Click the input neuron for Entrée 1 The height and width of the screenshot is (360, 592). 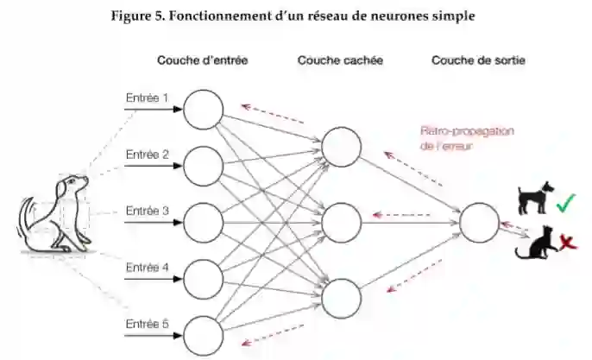coord(203,109)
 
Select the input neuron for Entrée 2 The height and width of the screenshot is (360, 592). coord(203,165)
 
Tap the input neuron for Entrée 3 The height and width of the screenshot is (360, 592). coord(203,222)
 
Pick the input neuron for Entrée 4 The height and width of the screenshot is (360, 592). coord(203,278)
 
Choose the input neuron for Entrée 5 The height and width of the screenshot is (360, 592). coord(203,335)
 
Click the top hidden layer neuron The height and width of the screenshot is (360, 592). coord(341,148)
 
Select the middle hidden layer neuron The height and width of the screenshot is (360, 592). coord(341,222)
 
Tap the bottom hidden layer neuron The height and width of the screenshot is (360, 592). coord(341,296)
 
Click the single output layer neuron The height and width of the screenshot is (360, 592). coord(479,223)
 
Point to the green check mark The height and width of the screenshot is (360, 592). coord(566,204)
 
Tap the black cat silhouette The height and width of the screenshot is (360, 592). coord(535,243)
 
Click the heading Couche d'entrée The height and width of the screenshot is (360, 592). coord(203,61)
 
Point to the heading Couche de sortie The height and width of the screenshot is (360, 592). coord(478,61)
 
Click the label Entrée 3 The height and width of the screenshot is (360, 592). coord(148,211)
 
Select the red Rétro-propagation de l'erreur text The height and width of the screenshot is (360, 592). coord(467,138)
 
